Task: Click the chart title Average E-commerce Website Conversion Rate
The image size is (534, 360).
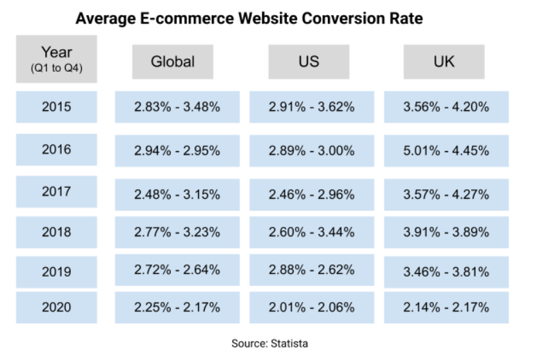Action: (x=249, y=18)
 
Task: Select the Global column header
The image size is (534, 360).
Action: (x=173, y=61)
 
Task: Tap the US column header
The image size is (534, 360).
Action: (x=309, y=61)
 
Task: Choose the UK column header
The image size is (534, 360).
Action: (x=444, y=61)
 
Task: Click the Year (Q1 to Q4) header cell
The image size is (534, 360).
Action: (x=56, y=59)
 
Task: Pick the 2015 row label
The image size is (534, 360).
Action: (x=56, y=107)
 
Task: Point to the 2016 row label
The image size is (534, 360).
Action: (x=56, y=150)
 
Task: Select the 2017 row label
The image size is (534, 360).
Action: (x=56, y=192)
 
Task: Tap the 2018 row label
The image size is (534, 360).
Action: (x=56, y=232)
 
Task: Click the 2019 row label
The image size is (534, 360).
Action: (x=56, y=271)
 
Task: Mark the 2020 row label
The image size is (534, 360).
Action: (x=56, y=307)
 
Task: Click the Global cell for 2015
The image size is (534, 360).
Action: (x=177, y=107)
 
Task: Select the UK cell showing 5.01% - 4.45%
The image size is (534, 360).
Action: (x=447, y=150)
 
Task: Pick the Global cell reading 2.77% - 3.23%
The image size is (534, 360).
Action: (x=177, y=232)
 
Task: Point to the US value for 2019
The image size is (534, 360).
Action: (x=312, y=271)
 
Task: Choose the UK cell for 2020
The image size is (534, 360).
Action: (x=447, y=307)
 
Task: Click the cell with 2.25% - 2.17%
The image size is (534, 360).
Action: (x=177, y=307)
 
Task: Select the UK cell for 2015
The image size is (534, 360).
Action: (x=447, y=107)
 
